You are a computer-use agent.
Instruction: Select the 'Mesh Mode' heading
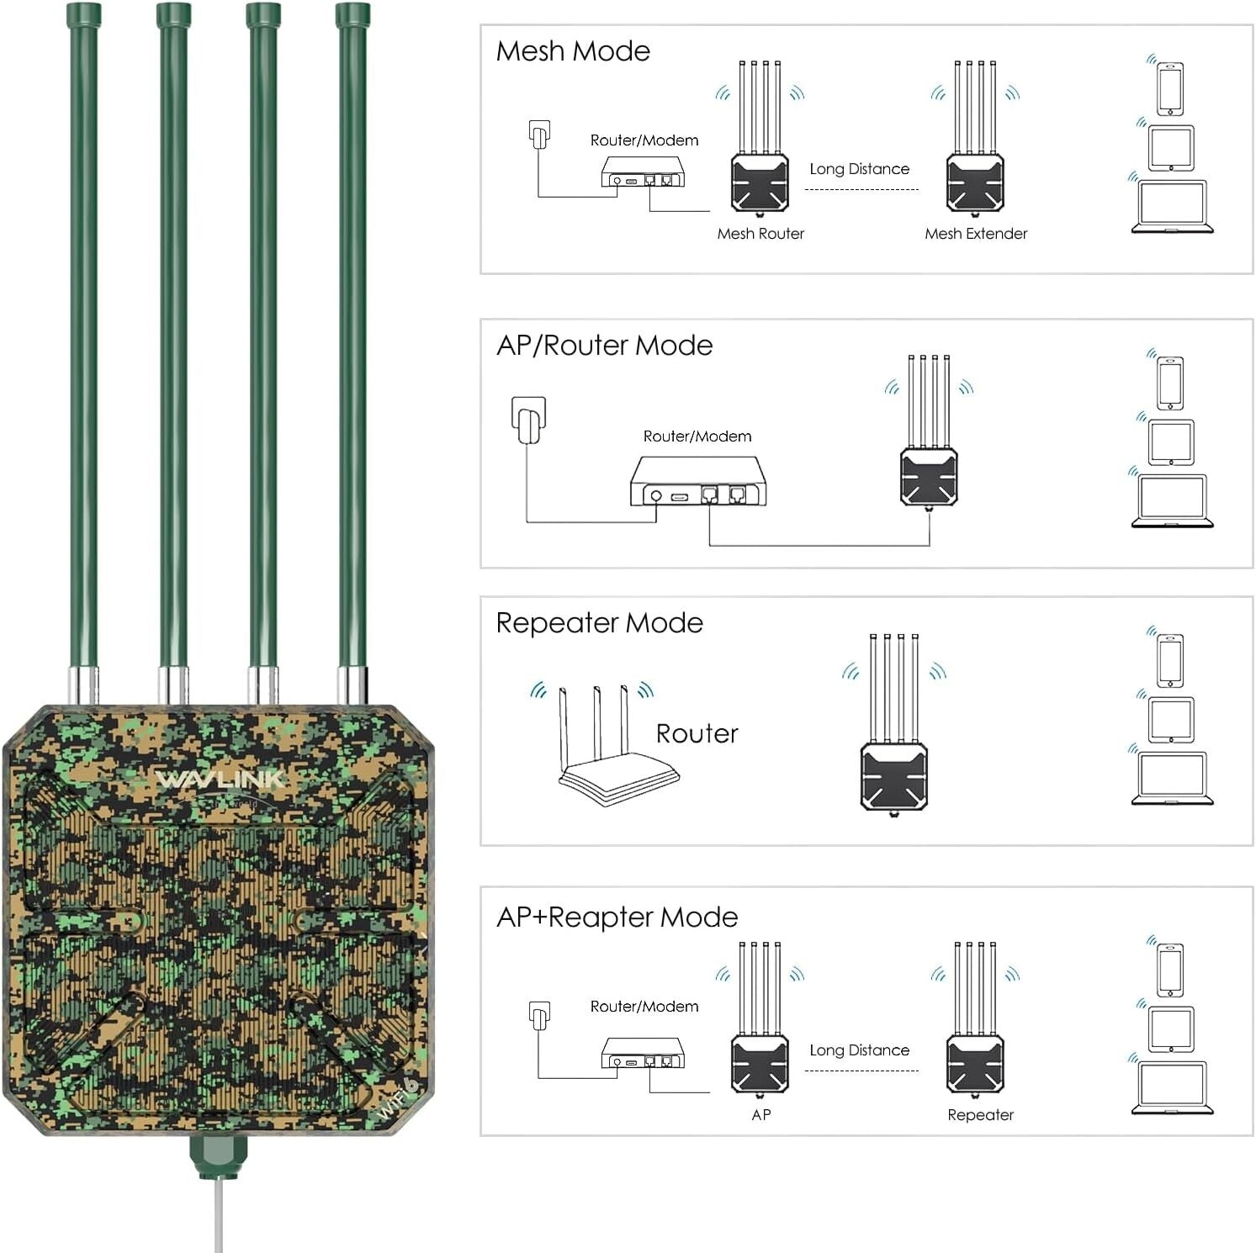point(573,51)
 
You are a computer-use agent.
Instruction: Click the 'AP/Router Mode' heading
point(604,346)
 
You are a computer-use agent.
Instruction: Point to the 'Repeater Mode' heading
point(599,623)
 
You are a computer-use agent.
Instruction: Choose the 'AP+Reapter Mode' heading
point(617,917)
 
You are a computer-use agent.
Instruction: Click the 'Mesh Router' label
point(760,234)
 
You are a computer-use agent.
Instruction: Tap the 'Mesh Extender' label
point(976,234)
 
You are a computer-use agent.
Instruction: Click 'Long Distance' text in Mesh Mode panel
point(859,169)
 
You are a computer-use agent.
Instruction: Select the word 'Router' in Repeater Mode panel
point(697,733)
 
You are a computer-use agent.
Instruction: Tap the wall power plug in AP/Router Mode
point(528,420)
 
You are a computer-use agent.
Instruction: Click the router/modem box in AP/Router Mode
point(698,482)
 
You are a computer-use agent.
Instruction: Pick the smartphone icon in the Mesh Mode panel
point(1169,88)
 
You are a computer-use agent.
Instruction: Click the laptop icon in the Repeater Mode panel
point(1172,778)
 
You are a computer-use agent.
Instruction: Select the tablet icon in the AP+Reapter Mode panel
point(1171,1028)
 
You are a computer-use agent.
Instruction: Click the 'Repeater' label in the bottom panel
point(980,1115)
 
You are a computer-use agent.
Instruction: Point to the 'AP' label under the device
point(760,1115)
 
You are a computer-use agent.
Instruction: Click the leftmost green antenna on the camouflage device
point(83,336)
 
